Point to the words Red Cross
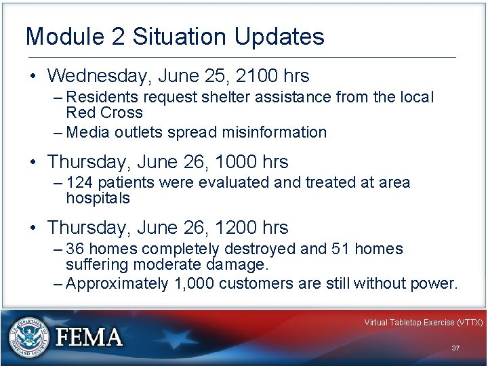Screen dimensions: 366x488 tap(104, 113)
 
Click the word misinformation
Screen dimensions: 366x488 tap(268, 132)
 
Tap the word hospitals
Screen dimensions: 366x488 tap(98, 198)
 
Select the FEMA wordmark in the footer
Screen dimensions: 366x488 tap(88, 337)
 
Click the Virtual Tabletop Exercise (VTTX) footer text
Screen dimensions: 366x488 tap(423, 323)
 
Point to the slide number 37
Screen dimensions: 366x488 tap(455, 348)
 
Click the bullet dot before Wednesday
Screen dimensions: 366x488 tap(33, 75)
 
